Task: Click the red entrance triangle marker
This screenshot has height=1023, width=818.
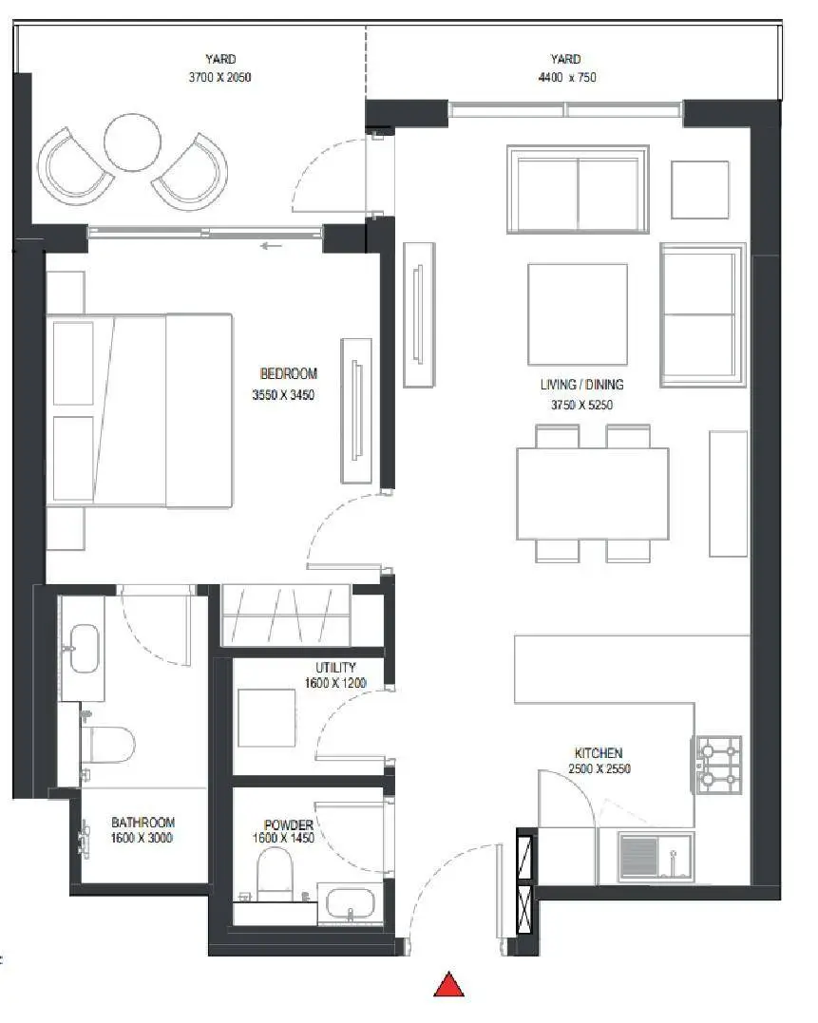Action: click(448, 986)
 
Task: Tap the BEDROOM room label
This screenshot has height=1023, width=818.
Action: click(288, 374)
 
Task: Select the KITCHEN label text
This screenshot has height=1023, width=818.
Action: click(599, 753)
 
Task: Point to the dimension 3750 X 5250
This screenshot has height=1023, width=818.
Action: click(581, 405)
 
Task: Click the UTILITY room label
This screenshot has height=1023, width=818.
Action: click(335, 668)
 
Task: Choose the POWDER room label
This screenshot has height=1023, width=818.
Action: click(288, 824)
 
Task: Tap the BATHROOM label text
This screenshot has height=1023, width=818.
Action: click(143, 822)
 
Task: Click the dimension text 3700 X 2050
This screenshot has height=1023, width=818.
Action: click(219, 77)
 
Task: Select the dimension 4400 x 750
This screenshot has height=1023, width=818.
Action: click(567, 77)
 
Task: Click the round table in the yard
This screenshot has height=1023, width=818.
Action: click(132, 142)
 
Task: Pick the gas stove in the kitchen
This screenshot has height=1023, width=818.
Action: click(719, 765)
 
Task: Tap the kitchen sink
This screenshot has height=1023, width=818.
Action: click(656, 855)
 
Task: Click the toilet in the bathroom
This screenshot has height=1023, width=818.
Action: click(108, 745)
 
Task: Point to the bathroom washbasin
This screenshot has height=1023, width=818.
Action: click(85, 649)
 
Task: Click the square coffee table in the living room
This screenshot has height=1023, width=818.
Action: click(578, 313)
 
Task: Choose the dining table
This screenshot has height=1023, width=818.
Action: click(592, 493)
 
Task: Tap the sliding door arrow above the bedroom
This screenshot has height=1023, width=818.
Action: click(272, 246)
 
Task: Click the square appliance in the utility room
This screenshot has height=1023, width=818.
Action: click(266, 717)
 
